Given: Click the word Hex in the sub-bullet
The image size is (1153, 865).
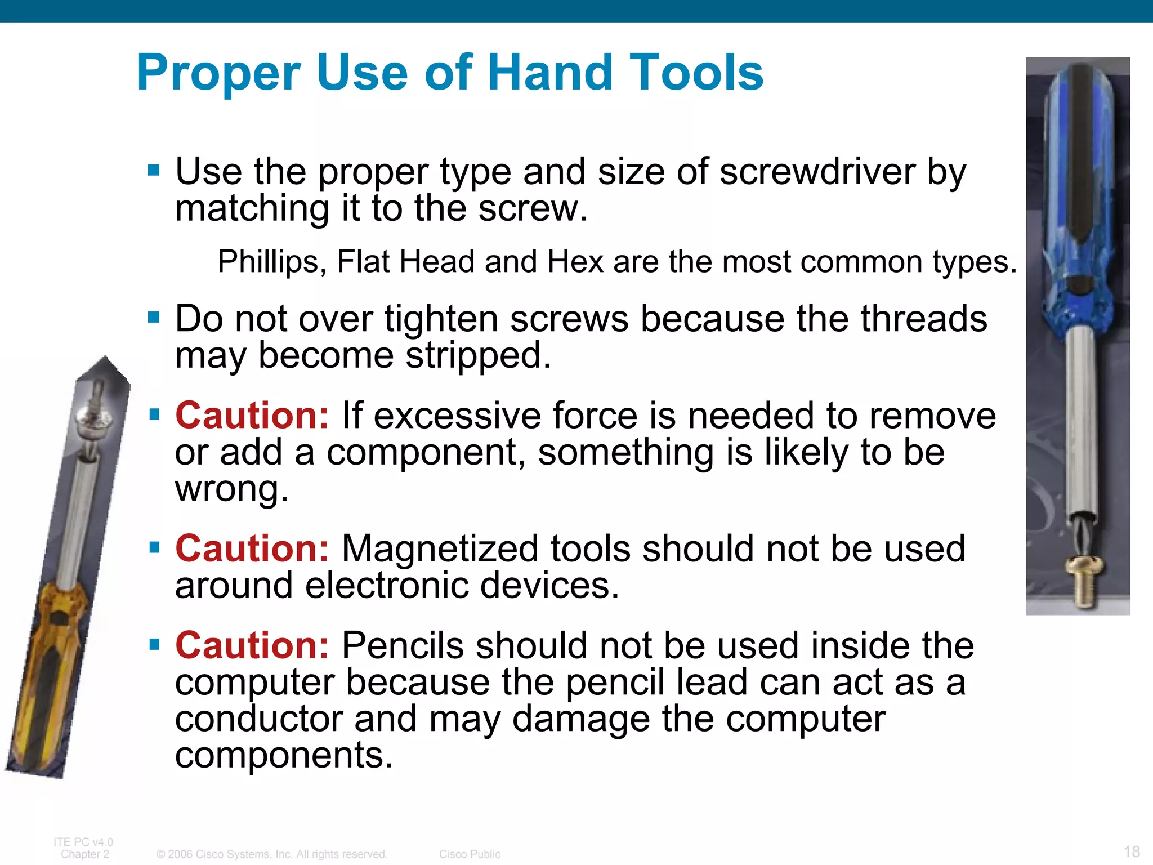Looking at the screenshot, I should (x=575, y=262).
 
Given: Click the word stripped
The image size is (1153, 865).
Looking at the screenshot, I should (x=478, y=356).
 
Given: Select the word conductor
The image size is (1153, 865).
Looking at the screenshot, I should (x=258, y=719).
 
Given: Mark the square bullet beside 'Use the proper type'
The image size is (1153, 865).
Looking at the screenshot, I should (x=154, y=170).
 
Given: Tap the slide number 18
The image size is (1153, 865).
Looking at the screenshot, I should (x=1131, y=851).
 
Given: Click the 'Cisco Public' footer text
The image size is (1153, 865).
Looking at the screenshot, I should (x=470, y=854).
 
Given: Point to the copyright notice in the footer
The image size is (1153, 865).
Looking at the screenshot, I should (x=272, y=854).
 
